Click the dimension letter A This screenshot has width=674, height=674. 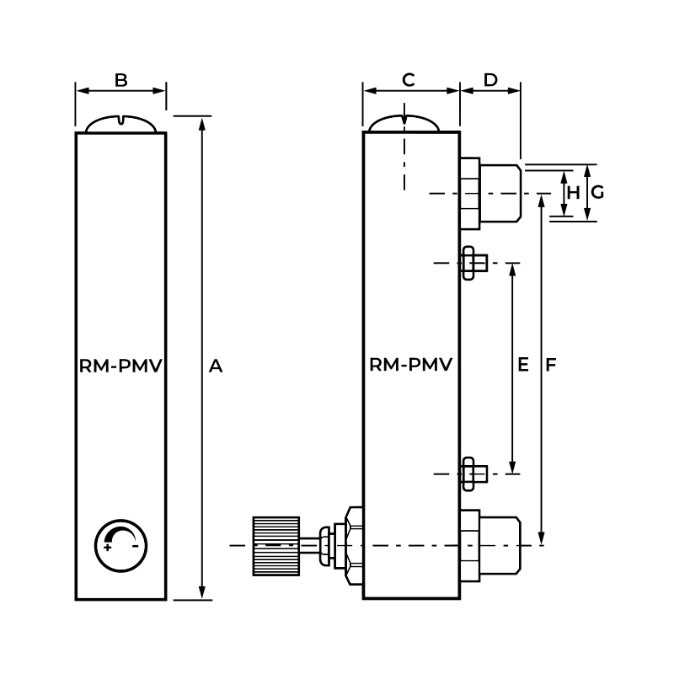tap(216, 366)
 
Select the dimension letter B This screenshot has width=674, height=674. tap(120, 80)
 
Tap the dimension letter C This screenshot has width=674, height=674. tap(409, 80)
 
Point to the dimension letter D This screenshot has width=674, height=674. tap(490, 80)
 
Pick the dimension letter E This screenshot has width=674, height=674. tap(522, 365)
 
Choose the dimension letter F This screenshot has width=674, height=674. tap(551, 365)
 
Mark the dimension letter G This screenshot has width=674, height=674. tap(597, 192)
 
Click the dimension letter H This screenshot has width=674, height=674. tap(574, 192)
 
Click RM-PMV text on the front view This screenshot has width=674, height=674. tap(120, 366)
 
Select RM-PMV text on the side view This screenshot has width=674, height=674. tap(411, 366)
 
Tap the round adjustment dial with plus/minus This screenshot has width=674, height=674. tap(121, 545)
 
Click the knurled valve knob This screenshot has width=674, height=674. tap(276, 546)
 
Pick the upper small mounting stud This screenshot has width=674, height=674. tap(473, 263)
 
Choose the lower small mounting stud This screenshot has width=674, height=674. tap(473, 473)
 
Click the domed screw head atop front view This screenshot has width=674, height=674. tap(121, 123)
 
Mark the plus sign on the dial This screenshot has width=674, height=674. tap(108, 548)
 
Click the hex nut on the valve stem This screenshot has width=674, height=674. tap(352, 546)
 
